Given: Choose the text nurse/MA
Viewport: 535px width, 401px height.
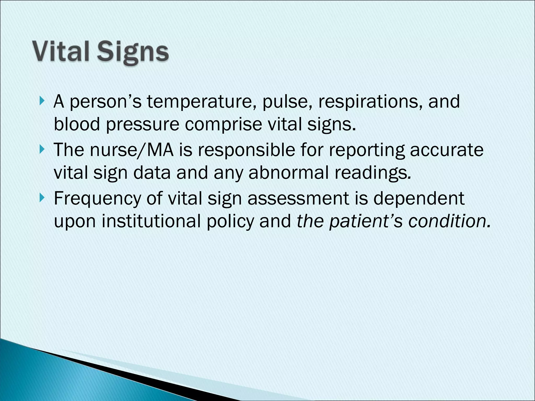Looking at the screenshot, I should [x=132, y=150].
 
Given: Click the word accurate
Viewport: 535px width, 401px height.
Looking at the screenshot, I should [x=447, y=150].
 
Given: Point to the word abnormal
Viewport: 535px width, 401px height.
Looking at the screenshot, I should [x=288, y=173].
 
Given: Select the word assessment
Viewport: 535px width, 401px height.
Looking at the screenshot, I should [x=298, y=198].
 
